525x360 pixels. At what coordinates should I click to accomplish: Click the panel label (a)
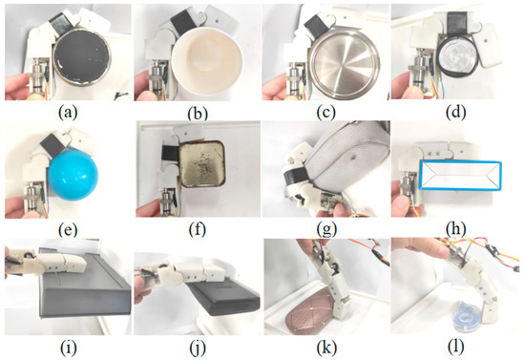(x=68, y=114)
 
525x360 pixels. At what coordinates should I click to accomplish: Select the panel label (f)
(x=197, y=230)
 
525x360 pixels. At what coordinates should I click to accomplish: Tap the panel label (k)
(x=326, y=348)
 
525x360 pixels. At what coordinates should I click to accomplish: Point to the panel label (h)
(x=455, y=230)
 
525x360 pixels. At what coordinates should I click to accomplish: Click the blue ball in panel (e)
(x=73, y=175)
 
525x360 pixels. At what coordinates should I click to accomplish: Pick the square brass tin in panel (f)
(x=201, y=163)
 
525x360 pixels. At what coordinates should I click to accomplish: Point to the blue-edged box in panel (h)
(x=461, y=176)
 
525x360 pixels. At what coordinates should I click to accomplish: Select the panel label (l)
(x=455, y=348)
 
